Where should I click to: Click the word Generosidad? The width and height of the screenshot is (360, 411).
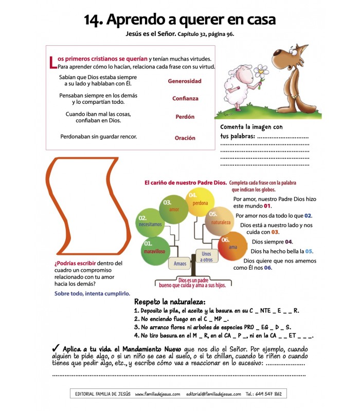[x=185, y=81]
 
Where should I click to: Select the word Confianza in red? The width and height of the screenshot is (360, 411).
[x=185, y=99]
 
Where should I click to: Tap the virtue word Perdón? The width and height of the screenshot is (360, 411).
[x=185, y=117]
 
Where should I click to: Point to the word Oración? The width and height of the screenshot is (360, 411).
[x=185, y=138]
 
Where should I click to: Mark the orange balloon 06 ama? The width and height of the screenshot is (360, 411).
[x=232, y=246]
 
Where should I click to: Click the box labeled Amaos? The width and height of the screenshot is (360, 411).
[x=180, y=264]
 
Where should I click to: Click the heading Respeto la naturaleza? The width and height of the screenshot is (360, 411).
[x=170, y=301]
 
